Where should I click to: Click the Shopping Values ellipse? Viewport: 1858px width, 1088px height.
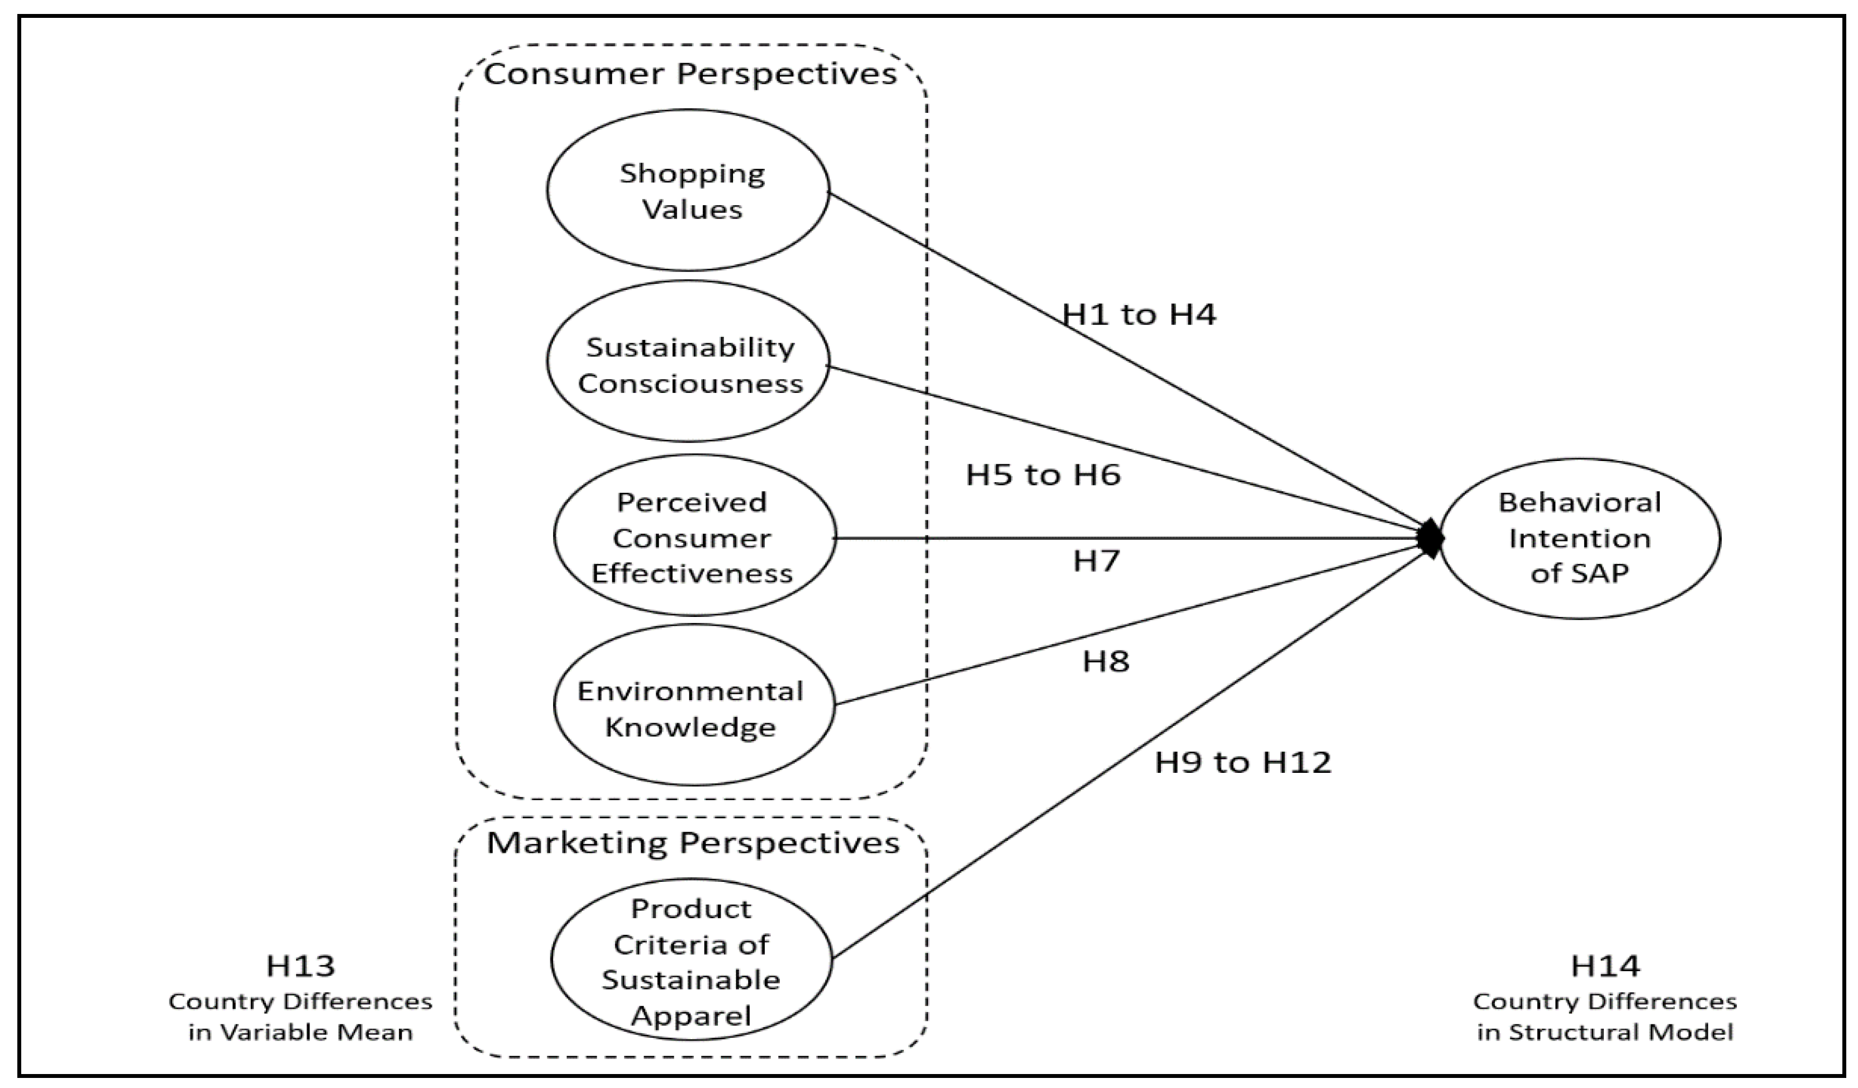[x=688, y=191]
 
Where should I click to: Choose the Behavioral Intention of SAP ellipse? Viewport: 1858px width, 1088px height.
[x=1579, y=539]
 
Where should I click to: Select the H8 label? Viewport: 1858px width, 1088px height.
[x=1105, y=662]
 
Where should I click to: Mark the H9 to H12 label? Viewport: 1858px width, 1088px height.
[x=1243, y=763]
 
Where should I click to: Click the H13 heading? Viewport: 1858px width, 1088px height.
[x=300, y=966]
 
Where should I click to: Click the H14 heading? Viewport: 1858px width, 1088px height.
[x=1604, y=966]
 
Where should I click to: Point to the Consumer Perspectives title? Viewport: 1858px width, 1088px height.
[x=690, y=74]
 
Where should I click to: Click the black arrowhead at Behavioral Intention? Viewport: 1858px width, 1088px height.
[x=1430, y=539]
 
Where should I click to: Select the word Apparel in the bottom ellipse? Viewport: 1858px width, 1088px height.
[x=691, y=1016]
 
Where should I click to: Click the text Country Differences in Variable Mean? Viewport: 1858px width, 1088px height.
[x=300, y=1016]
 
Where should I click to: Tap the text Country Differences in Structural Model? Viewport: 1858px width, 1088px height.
[x=1604, y=1016]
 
